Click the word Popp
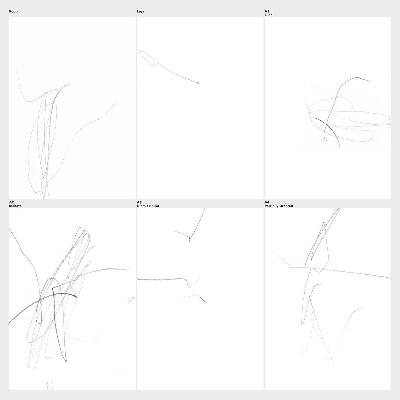(x=13, y=11)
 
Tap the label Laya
(x=141, y=11)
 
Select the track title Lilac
(x=268, y=15)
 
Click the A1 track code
(x=267, y=11)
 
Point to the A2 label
(x=11, y=202)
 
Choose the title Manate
(x=15, y=206)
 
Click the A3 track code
(x=139, y=202)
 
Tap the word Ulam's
(x=142, y=206)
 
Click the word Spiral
(x=154, y=206)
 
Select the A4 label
(x=267, y=202)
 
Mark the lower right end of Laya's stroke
(x=198, y=83)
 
